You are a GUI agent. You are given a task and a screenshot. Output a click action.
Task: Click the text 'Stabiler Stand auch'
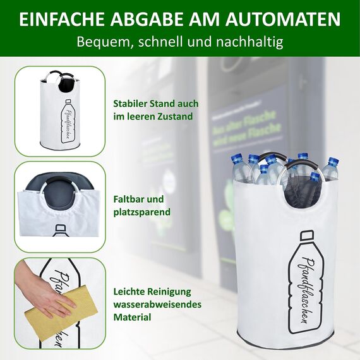pyautogui.click(x=155, y=103)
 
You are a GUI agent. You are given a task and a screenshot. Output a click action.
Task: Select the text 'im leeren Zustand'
pyautogui.click(x=152, y=116)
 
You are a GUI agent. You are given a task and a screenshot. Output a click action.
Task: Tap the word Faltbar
pyautogui.click(x=129, y=198)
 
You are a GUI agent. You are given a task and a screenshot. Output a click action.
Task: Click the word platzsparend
pyautogui.click(x=142, y=212)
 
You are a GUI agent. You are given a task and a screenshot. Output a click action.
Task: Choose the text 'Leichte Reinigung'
pyautogui.click(x=152, y=292)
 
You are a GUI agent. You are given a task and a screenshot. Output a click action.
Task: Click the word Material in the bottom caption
pyautogui.click(x=132, y=317)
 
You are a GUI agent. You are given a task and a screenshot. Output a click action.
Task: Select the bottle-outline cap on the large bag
pyautogui.click(x=306, y=236)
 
